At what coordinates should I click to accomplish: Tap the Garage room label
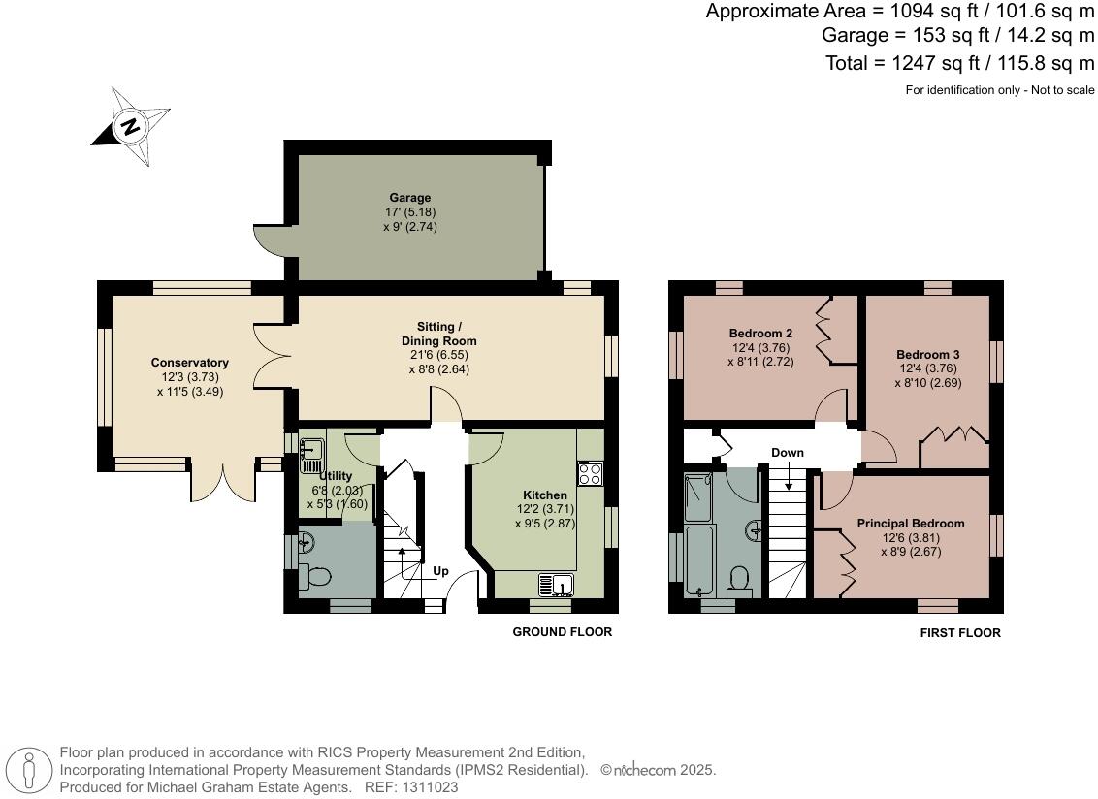click(409, 198)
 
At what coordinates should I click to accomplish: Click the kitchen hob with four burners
click(590, 474)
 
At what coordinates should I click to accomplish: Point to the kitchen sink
click(557, 585)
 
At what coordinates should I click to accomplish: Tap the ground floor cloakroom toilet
click(314, 576)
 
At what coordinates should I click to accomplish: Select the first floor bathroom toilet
click(739, 580)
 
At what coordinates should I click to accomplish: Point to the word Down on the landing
click(788, 453)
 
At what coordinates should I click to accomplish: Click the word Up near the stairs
click(440, 571)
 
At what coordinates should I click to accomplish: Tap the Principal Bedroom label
click(910, 524)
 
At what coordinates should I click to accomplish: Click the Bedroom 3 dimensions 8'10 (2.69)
click(927, 383)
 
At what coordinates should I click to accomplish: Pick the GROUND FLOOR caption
click(562, 632)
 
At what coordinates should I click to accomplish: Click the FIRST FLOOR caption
click(960, 633)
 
